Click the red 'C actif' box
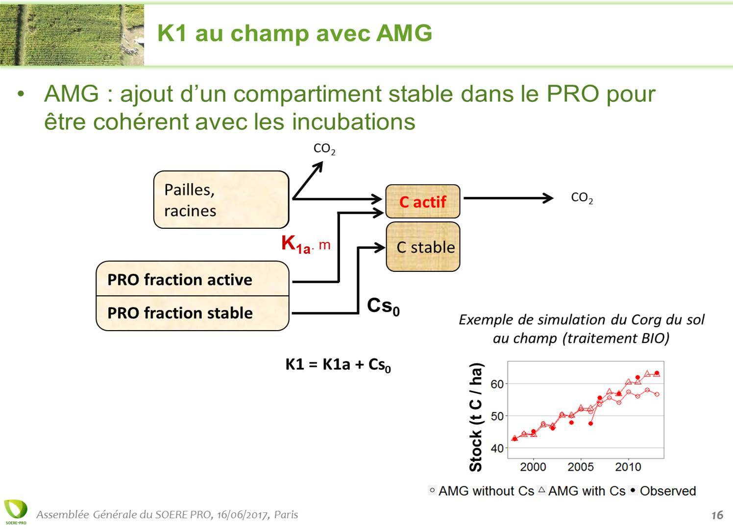[x=423, y=201]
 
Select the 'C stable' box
[x=423, y=247]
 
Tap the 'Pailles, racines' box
[x=221, y=199]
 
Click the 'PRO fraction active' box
[x=193, y=279]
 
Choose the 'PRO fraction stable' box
[x=193, y=313]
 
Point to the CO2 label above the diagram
[x=324, y=149]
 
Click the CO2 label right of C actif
[x=582, y=198]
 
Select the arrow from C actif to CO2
[x=509, y=198]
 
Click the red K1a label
[x=296, y=244]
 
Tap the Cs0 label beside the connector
[x=383, y=307]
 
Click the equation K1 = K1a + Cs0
[x=338, y=365]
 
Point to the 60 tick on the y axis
[x=497, y=384]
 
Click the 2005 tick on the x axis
[x=581, y=467]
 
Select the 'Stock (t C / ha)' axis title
[x=475, y=417]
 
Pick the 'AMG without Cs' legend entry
[x=481, y=491]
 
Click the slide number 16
[x=717, y=515]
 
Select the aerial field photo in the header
[x=72, y=35]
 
